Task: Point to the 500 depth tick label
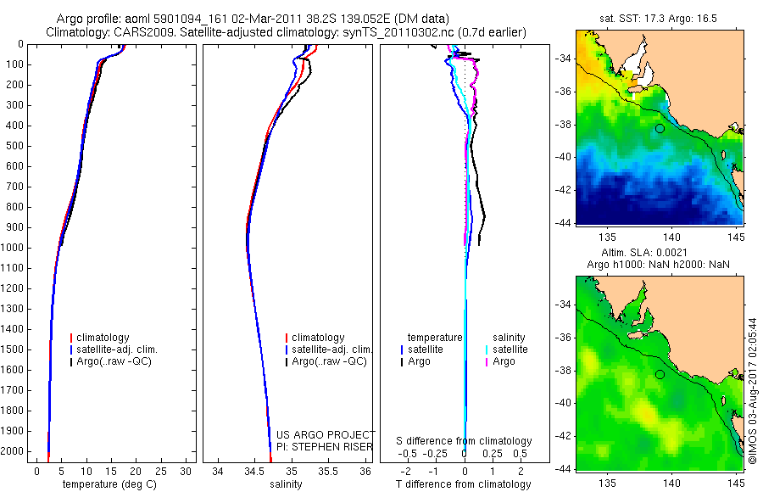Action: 14,146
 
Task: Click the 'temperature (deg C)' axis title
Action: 109,484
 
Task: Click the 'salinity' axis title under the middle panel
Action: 286,484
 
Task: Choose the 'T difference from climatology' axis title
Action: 463,484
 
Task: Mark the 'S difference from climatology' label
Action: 464,441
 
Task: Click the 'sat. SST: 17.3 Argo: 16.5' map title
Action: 658,19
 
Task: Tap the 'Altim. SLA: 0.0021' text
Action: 644,252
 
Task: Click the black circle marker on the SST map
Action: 660,129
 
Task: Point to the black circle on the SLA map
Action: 660,375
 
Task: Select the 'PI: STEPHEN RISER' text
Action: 325,447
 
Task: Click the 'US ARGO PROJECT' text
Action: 326,434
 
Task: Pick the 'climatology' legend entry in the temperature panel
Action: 100,337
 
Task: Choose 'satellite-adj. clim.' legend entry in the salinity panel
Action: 329,349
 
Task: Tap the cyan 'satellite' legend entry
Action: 507,349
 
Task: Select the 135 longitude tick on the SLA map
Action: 607,483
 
